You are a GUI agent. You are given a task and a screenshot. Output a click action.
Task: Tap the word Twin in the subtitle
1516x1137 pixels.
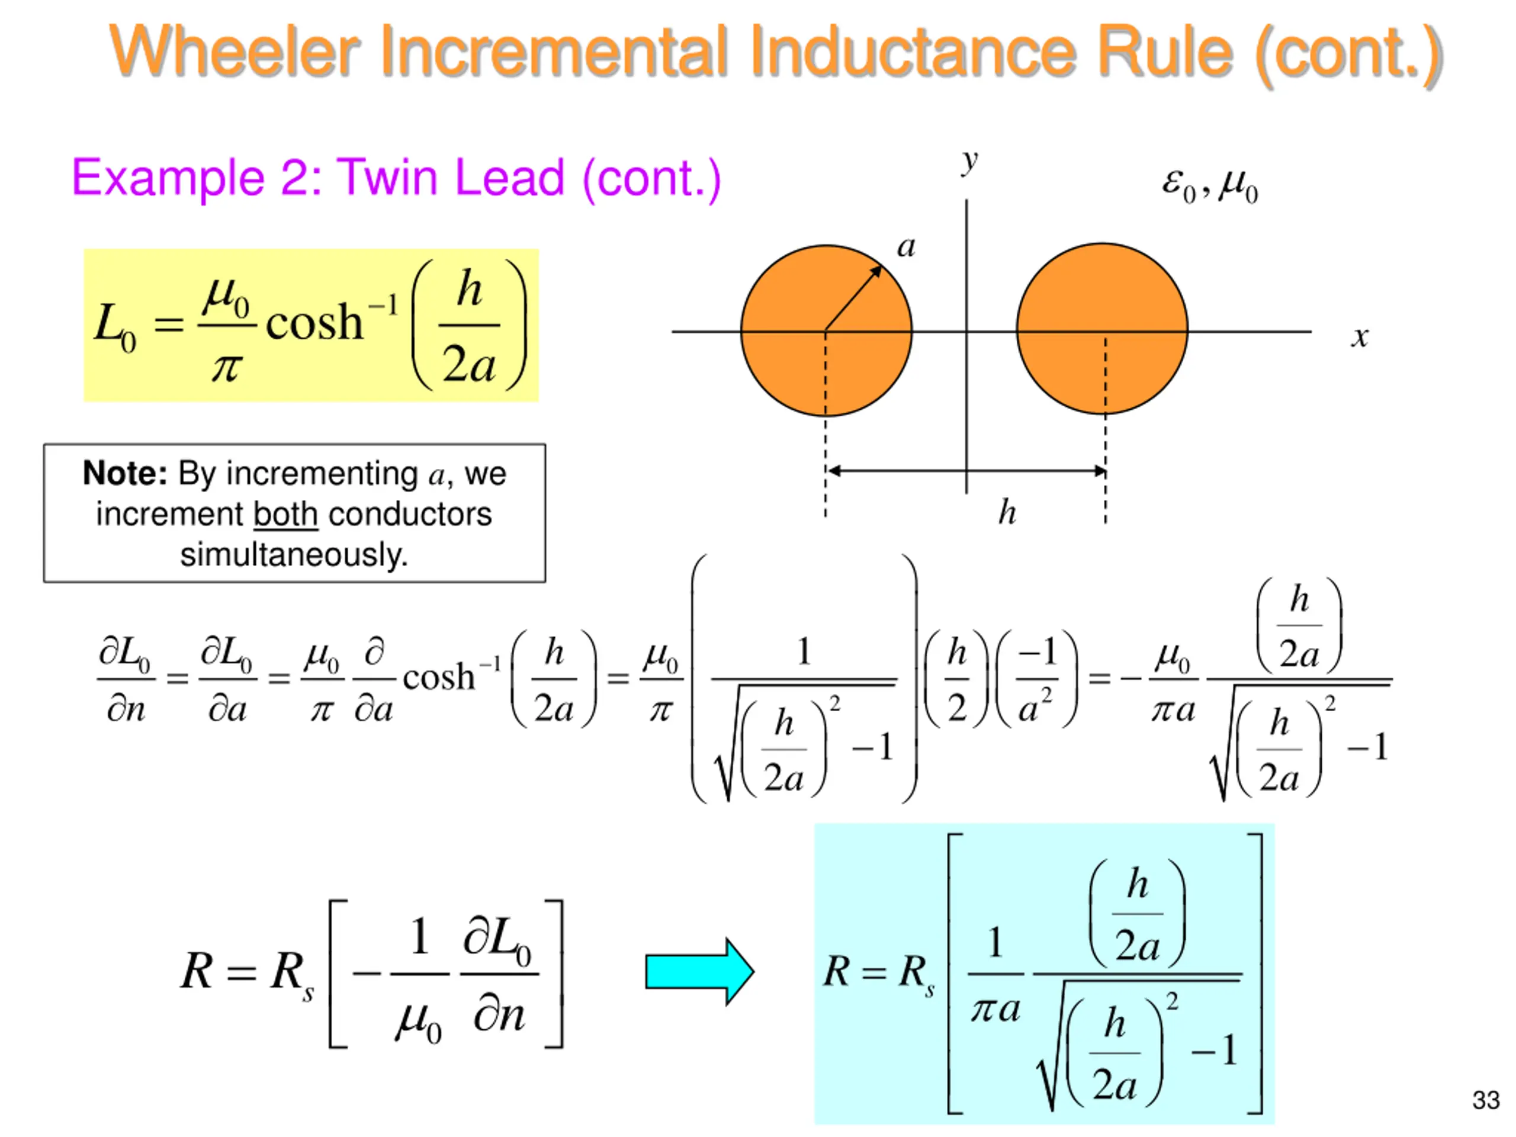387,178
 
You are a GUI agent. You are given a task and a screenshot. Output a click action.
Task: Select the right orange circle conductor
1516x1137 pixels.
1102,295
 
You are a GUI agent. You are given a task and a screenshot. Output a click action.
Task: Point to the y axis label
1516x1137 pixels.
968,162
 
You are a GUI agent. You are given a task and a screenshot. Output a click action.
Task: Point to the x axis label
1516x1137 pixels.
1360,336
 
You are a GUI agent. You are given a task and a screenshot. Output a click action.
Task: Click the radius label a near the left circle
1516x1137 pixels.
906,247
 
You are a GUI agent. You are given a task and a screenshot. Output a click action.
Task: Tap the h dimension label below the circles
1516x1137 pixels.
1006,513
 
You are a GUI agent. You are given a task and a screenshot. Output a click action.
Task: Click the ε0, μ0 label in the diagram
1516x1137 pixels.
1210,185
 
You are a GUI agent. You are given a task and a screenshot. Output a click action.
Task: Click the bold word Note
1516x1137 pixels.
125,474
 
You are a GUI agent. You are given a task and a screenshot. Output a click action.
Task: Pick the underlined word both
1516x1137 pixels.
285,515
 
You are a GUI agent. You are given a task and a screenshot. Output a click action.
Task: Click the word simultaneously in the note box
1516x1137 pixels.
294,554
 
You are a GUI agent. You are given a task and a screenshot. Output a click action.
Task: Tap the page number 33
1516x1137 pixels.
1485,1100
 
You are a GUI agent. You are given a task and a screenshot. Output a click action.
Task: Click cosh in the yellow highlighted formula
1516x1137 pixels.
314,322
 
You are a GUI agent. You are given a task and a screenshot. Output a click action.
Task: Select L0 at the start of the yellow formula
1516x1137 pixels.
114,326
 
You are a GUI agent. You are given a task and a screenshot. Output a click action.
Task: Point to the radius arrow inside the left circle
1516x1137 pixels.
853,298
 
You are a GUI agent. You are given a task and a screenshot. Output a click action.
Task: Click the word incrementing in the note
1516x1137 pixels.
322,474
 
